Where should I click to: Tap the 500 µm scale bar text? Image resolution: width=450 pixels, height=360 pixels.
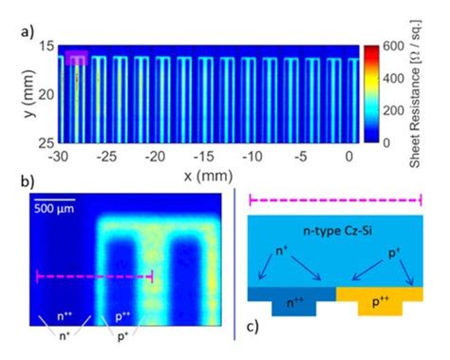[54, 208]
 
